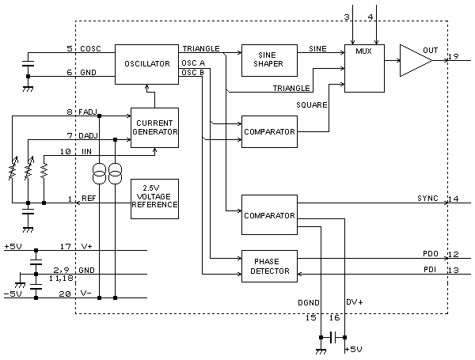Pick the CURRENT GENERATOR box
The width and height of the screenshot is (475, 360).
[154, 127]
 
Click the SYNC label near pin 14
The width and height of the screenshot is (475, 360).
[428, 199]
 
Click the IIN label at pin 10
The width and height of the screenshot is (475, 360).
[87, 151]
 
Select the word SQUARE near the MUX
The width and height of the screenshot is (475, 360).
[312, 104]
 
